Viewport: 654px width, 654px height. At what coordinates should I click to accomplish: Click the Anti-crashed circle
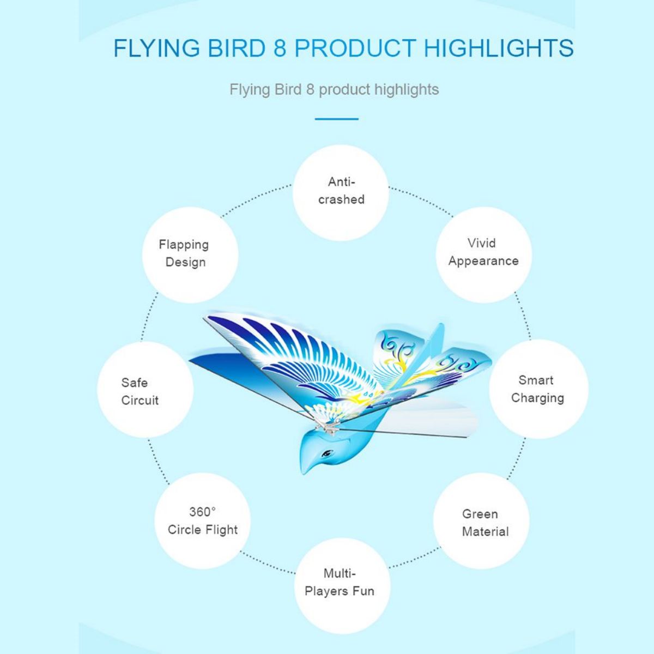coord(341,192)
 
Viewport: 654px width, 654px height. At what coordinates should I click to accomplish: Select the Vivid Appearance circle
coord(483,255)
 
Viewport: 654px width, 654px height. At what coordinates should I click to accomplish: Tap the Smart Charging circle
coord(538,389)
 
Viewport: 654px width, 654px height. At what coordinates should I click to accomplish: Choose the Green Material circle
coord(481,520)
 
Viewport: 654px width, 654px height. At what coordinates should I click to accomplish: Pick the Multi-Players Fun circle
coord(342,586)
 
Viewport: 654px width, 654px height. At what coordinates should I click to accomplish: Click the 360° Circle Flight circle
coord(203,520)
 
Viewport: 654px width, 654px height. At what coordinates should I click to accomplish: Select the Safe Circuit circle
coord(146,389)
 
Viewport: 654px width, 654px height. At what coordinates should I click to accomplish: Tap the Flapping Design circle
coord(190,255)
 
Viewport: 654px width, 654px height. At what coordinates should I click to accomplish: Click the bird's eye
coord(327,453)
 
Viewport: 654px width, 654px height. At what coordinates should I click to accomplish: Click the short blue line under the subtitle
coord(337,119)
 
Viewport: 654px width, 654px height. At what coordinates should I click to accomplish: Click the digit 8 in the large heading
coord(280,48)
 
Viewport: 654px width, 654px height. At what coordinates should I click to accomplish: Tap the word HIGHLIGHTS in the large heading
coord(499,48)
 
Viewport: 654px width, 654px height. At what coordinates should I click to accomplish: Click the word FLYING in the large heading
coord(156,48)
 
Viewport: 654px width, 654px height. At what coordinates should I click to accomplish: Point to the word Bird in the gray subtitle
coord(288,89)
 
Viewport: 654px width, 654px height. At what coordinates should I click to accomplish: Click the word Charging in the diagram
coord(537,398)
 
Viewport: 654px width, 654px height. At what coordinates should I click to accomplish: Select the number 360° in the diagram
coord(202,512)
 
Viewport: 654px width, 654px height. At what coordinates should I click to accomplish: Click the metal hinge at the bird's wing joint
coord(326,428)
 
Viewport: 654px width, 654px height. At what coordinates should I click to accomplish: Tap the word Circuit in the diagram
coord(140,401)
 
